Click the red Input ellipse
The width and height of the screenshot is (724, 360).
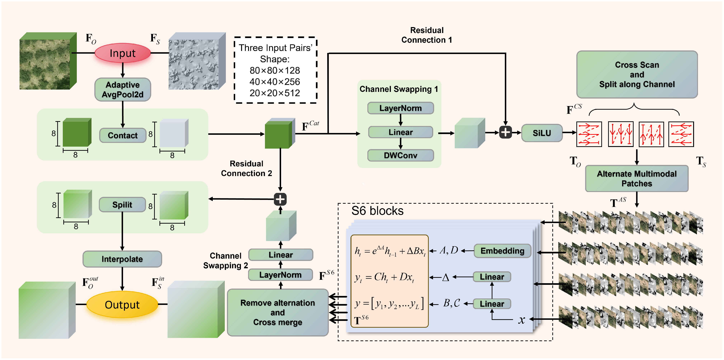click(123, 53)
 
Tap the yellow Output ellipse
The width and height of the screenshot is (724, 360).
click(122, 305)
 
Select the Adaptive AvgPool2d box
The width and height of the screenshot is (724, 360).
click(123, 89)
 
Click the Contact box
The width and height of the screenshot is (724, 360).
click(123, 135)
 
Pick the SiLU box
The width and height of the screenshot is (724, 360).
click(542, 133)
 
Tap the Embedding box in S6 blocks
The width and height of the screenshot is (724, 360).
click(502, 251)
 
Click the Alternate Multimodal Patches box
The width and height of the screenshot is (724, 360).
click(637, 179)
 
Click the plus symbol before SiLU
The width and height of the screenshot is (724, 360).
click(505, 132)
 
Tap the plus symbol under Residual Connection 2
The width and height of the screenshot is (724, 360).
click(280, 199)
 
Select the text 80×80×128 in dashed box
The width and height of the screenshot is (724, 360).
click(275, 70)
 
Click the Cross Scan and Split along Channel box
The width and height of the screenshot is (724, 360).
click(637, 74)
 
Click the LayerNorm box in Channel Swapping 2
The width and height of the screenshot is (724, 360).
click(280, 275)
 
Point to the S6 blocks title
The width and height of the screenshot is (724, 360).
click(377, 211)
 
